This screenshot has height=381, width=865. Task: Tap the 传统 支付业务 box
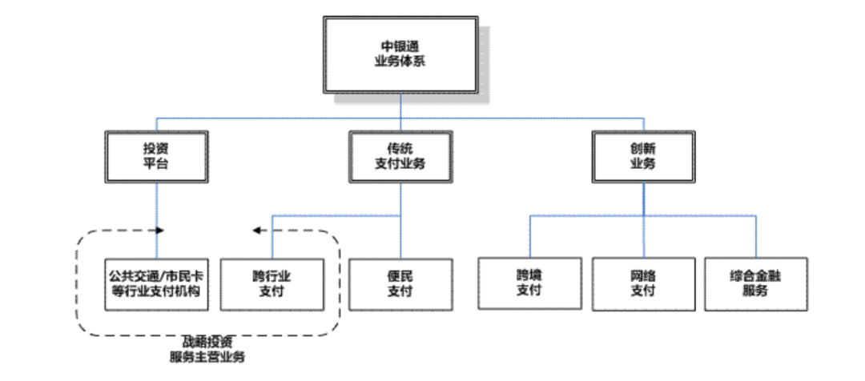pyautogui.click(x=400, y=155)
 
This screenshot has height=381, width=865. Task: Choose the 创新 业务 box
pyautogui.click(x=642, y=155)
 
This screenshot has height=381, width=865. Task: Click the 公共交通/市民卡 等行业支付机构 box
pyautogui.click(x=157, y=284)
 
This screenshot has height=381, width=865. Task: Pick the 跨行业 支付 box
pyautogui.click(x=272, y=284)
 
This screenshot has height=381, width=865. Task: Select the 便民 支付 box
pyautogui.click(x=400, y=284)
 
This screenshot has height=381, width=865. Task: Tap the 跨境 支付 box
pyautogui.click(x=529, y=283)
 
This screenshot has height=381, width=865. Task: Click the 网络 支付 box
pyautogui.click(x=642, y=283)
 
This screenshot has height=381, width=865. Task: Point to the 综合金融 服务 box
pyautogui.click(x=755, y=283)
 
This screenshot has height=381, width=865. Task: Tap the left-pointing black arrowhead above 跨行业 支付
pyautogui.click(x=257, y=231)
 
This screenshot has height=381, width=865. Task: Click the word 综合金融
pyautogui.click(x=755, y=276)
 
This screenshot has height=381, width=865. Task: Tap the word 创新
pyautogui.click(x=642, y=148)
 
